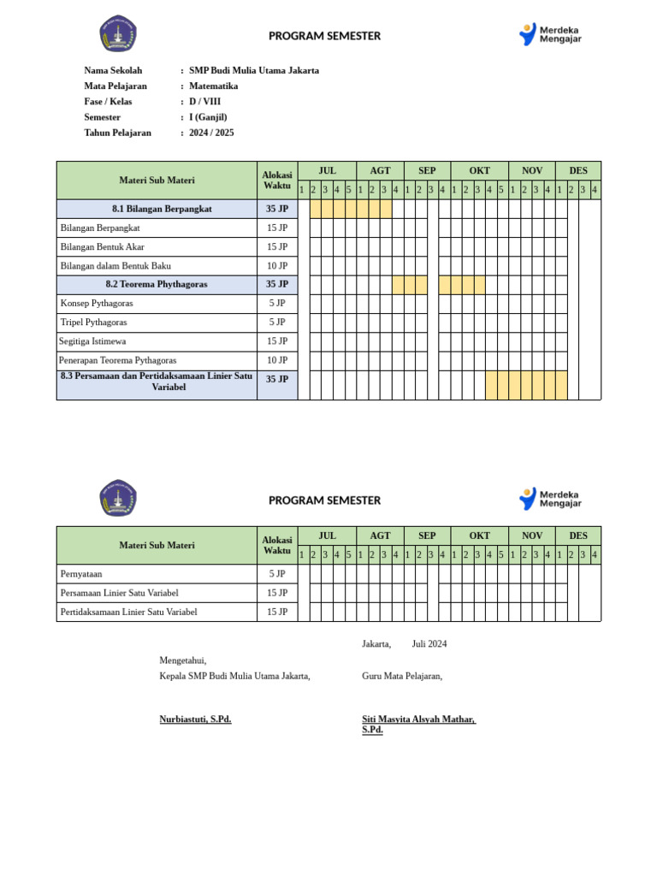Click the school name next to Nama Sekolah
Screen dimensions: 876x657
(253, 71)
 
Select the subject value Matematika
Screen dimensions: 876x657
(213, 86)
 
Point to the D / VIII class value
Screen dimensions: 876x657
(204, 102)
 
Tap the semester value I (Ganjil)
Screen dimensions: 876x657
(208, 117)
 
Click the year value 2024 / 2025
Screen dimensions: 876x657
(211, 133)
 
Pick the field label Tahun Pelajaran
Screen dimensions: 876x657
(117, 133)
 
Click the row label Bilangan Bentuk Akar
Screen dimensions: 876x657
(102, 247)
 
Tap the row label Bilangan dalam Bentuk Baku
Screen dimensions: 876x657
(115, 266)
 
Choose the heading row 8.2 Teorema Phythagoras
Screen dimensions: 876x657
(157, 284)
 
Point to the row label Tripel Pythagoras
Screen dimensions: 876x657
(93, 323)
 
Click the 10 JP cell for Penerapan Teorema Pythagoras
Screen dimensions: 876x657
(277, 360)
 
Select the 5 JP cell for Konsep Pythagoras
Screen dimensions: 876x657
(277, 303)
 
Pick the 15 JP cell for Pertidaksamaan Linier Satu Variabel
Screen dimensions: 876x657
(277, 612)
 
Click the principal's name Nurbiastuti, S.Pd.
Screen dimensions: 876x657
(195, 719)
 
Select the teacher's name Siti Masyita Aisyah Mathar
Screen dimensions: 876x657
(418, 719)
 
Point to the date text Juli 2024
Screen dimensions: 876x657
(429, 644)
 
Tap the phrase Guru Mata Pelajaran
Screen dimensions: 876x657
(402, 676)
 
